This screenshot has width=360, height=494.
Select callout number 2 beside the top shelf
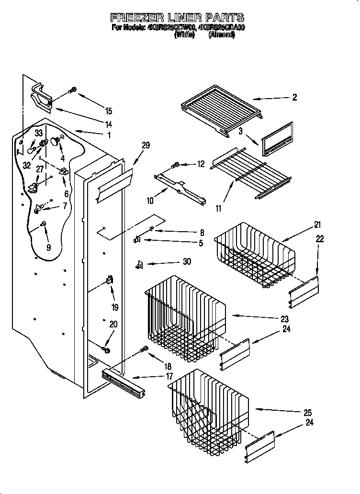click(x=294, y=98)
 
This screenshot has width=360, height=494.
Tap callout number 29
click(x=146, y=145)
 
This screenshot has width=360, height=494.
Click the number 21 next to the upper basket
click(x=317, y=225)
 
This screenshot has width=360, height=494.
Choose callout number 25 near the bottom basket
click(x=307, y=412)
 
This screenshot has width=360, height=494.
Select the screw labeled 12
click(x=175, y=165)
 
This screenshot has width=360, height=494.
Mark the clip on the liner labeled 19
click(x=109, y=281)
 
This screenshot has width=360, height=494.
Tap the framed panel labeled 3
click(x=277, y=139)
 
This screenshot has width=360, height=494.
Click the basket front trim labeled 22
click(x=304, y=292)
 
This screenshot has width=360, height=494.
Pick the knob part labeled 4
click(x=57, y=140)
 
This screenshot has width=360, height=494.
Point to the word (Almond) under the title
click(x=221, y=34)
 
